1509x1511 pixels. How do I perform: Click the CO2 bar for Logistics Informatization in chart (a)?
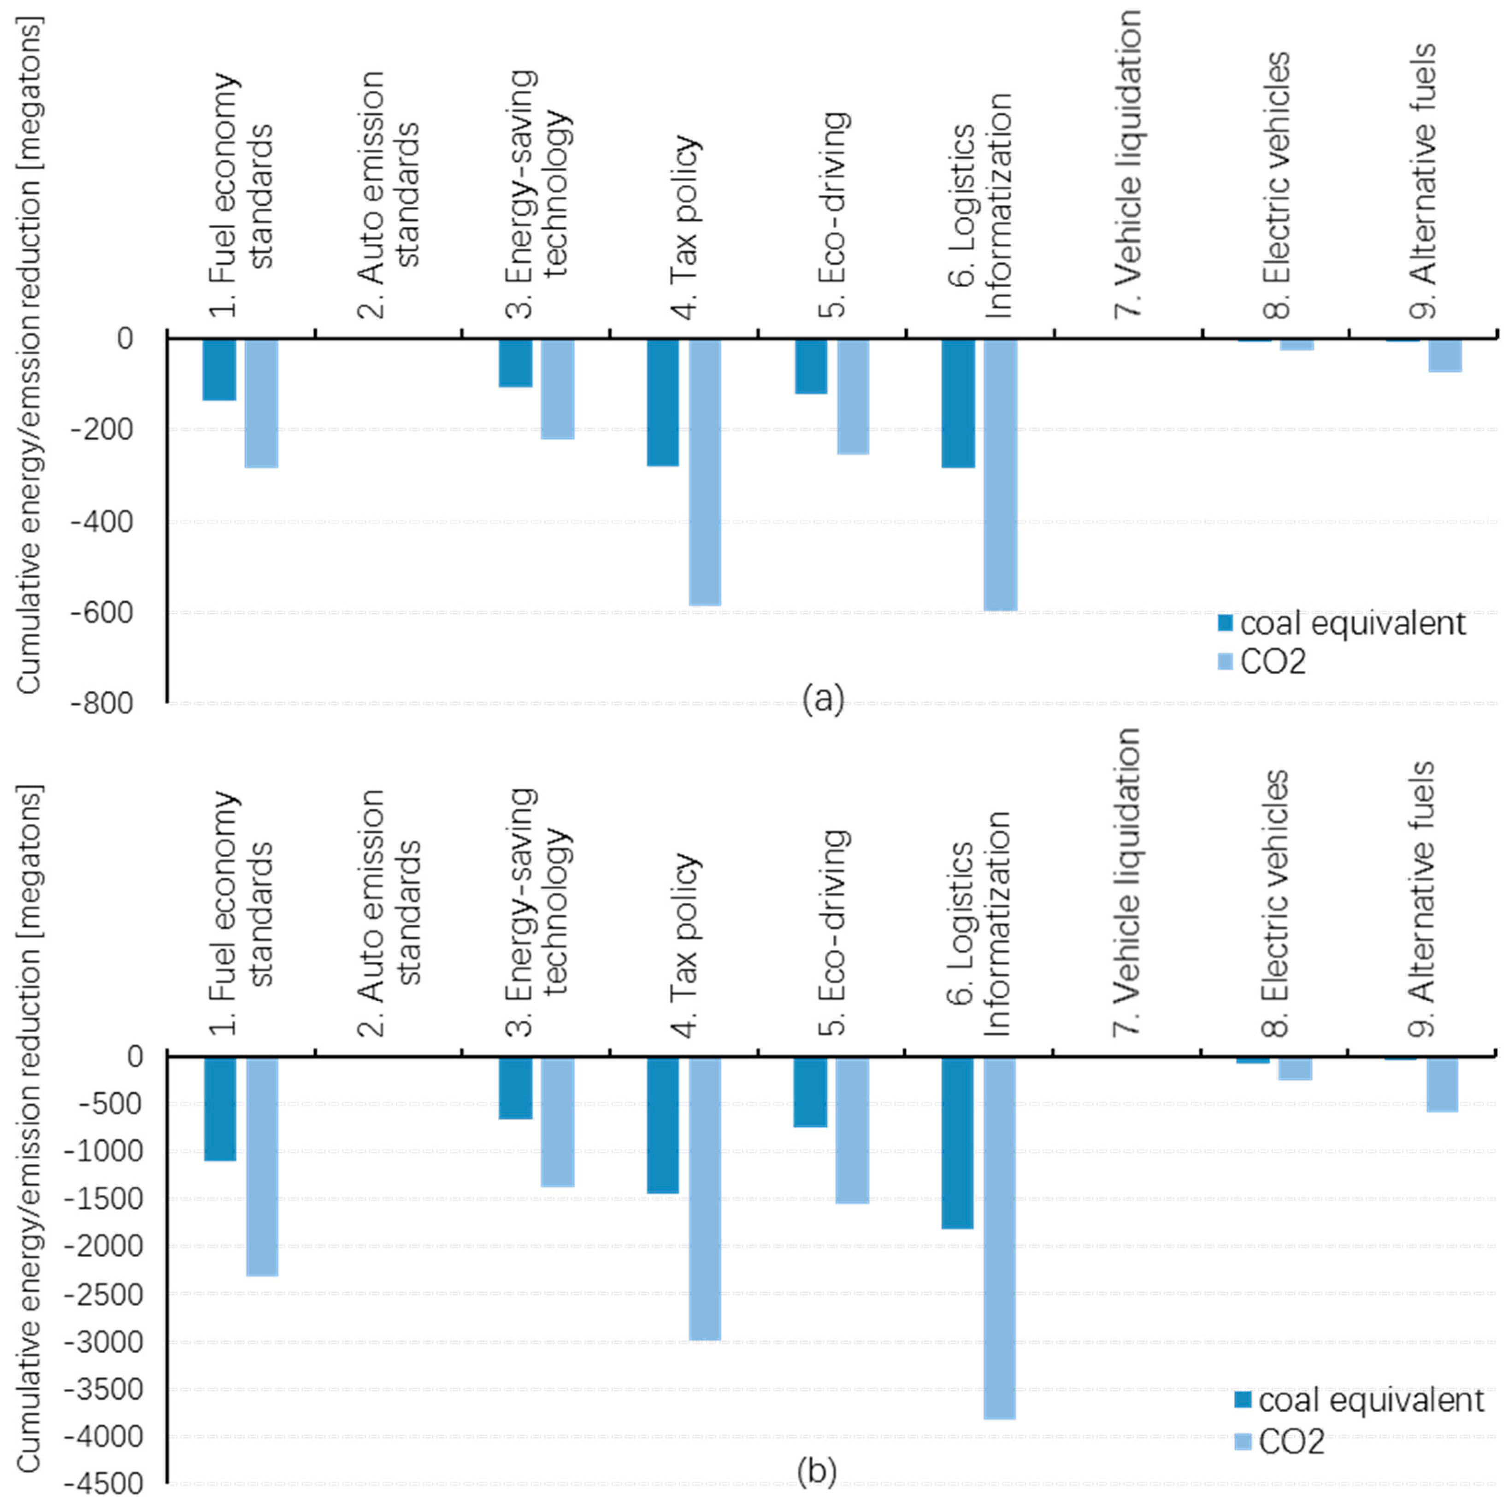pyautogui.click(x=1001, y=475)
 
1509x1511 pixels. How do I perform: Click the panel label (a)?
pyautogui.click(x=823, y=699)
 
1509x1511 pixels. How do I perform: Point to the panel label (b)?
pyautogui.click(x=817, y=1470)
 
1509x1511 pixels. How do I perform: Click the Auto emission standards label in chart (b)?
pyautogui.click(x=389, y=913)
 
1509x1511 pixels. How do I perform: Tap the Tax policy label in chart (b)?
pyautogui.click(x=685, y=945)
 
